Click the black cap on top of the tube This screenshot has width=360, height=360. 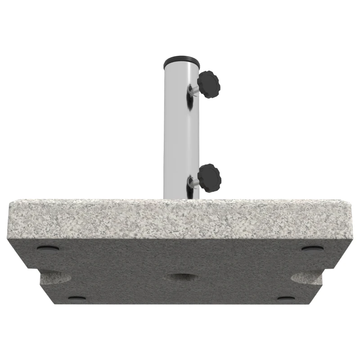pos(181,60)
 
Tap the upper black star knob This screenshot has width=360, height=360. pos(209,84)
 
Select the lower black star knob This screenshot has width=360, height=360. pos(209,177)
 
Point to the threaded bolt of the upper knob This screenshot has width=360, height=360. pos(193,90)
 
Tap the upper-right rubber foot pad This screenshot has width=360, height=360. pos(312,248)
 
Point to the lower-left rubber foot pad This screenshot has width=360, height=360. pos(76,298)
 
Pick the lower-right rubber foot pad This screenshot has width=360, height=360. pos(286,298)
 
